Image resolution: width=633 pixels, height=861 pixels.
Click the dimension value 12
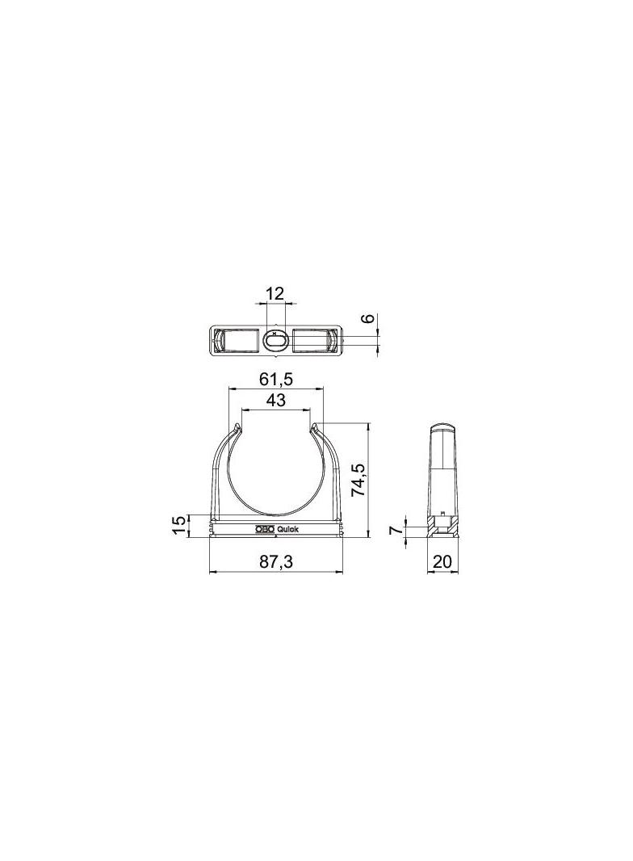275,293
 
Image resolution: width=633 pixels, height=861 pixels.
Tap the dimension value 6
369,318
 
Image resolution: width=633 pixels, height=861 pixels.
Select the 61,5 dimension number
275,379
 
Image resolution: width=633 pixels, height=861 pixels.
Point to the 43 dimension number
275,400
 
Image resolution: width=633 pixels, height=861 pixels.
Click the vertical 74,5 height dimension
358,480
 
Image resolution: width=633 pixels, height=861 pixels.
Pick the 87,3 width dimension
276,561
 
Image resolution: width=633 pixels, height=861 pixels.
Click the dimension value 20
442,561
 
